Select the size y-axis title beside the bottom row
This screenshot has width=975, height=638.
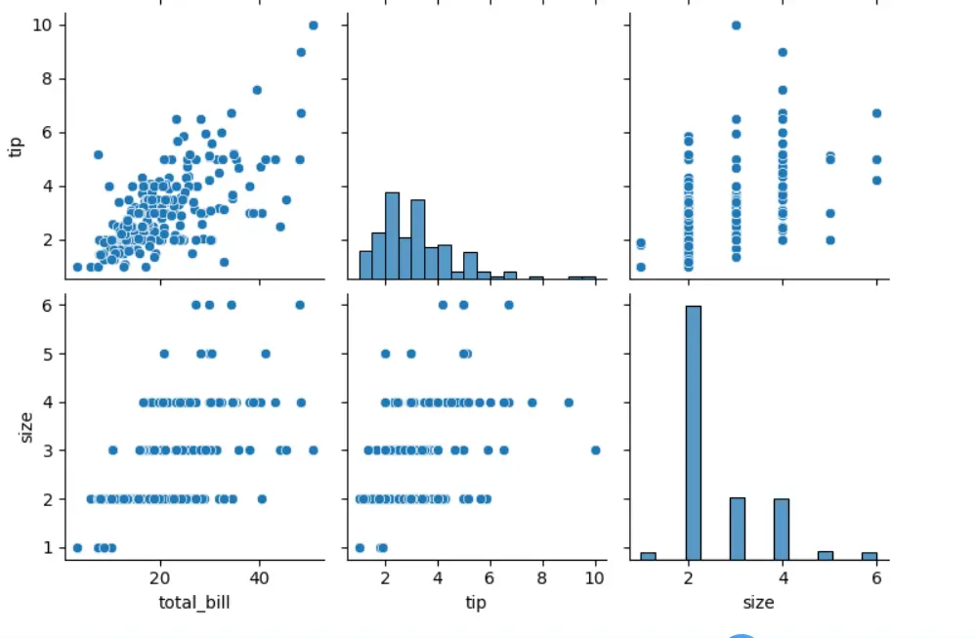pyautogui.click(x=26, y=426)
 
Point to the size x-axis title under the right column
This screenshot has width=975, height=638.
pyautogui.click(x=758, y=602)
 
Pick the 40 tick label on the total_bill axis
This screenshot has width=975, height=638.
pyautogui.click(x=261, y=578)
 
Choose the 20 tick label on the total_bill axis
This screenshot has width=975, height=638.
pyautogui.click(x=162, y=578)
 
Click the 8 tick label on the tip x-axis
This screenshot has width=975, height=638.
pyautogui.click(x=543, y=578)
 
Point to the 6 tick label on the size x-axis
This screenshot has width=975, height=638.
pyautogui.click(x=876, y=578)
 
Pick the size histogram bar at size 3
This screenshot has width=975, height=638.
pyautogui.click(x=738, y=529)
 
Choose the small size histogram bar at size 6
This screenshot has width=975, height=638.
pyautogui.click(x=869, y=556)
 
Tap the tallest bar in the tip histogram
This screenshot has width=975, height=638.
pyautogui.click(x=392, y=235)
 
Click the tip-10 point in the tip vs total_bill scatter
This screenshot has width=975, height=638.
pyautogui.click(x=313, y=25)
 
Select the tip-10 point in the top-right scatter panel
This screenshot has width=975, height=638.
pyautogui.click(x=736, y=25)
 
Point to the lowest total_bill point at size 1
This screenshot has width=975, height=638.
pyautogui.click(x=77, y=547)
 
